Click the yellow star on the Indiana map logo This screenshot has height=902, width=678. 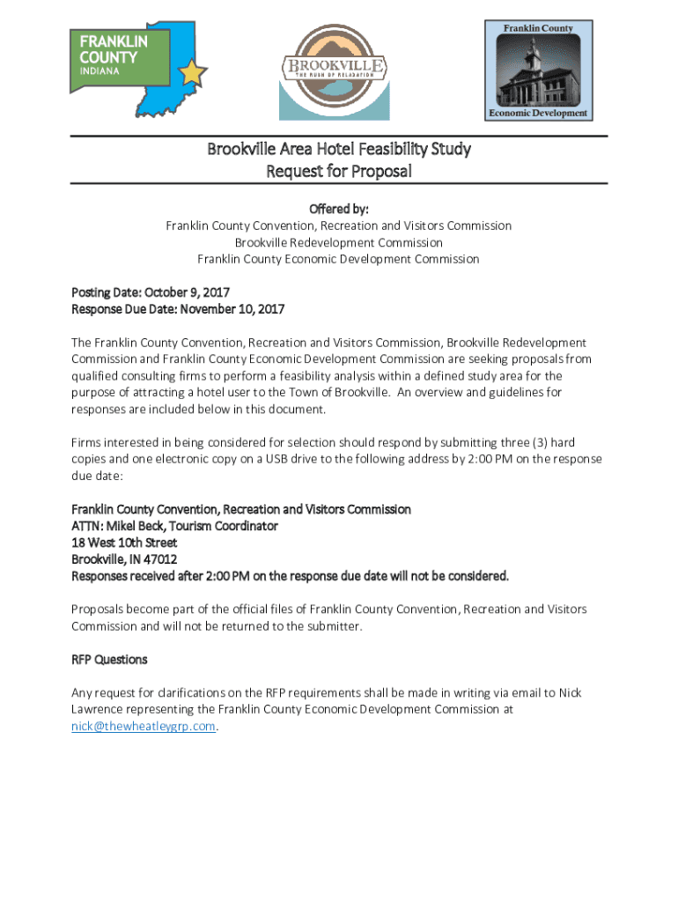[x=192, y=72]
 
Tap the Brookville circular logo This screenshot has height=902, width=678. [x=334, y=70]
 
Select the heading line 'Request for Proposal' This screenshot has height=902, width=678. [x=339, y=171]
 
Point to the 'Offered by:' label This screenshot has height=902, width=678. [x=338, y=209]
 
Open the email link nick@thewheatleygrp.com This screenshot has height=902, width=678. [x=143, y=726]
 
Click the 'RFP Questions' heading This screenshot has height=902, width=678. [x=109, y=659]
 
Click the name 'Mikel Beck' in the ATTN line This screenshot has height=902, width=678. [x=136, y=526]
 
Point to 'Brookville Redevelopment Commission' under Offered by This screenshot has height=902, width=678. [x=338, y=242]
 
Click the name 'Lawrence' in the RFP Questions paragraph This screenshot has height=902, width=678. [x=97, y=709]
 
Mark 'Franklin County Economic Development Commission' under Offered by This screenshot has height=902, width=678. [x=338, y=259]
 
